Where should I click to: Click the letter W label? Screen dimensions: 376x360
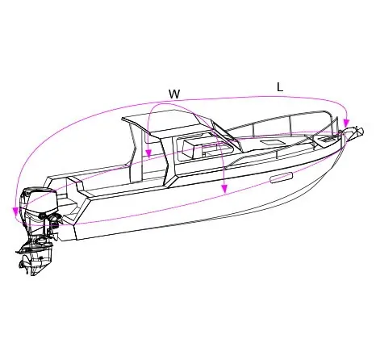pyautogui.click(x=174, y=94)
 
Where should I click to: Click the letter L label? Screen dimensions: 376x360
pyautogui.click(x=280, y=87)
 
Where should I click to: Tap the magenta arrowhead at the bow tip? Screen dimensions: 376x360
pyautogui.click(x=346, y=123)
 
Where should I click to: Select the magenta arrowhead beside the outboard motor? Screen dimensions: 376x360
pyautogui.click(x=15, y=211)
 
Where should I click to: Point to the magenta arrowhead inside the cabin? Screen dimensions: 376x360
pyautogui.click(x=148, y=154)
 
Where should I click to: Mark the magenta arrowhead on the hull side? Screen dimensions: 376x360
pyautogui.click(x=224, y=189)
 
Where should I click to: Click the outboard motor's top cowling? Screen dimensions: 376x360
pyautogui.click(x=40, y=200)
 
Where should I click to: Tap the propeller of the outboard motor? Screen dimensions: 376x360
pyautogui.click(x=26, y=264)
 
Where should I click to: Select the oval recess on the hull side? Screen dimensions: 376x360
pyautogui.click(x=281, y=178)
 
